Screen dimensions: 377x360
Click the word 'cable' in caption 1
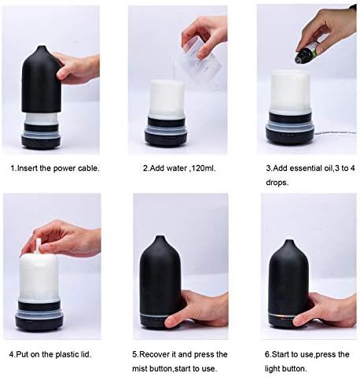click(83, 168)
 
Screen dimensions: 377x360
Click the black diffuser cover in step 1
click(40, 79)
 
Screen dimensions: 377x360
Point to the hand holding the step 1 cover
click(78, 69)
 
